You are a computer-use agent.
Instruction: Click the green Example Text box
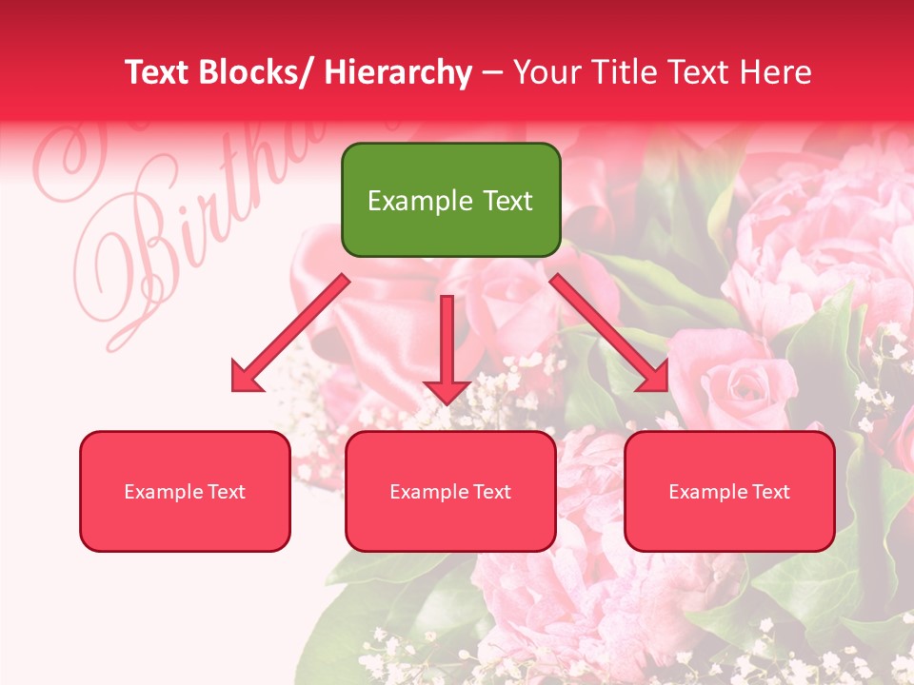pyautogui.click(x=450, y=200)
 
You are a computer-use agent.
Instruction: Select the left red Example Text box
pyautogui.click(x=185, y=491)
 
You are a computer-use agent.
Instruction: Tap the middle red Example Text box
pyautogui.click(x=450, y=491)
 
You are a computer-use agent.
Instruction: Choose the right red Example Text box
pyautogui.click(x=729, y=491)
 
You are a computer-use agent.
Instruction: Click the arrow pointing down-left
pyautogui.click(x=290, y=333)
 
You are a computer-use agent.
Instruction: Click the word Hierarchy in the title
pyautogui.click(x=398, y=72)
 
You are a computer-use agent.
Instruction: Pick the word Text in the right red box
pyautogui.click(x=769, y=492)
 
